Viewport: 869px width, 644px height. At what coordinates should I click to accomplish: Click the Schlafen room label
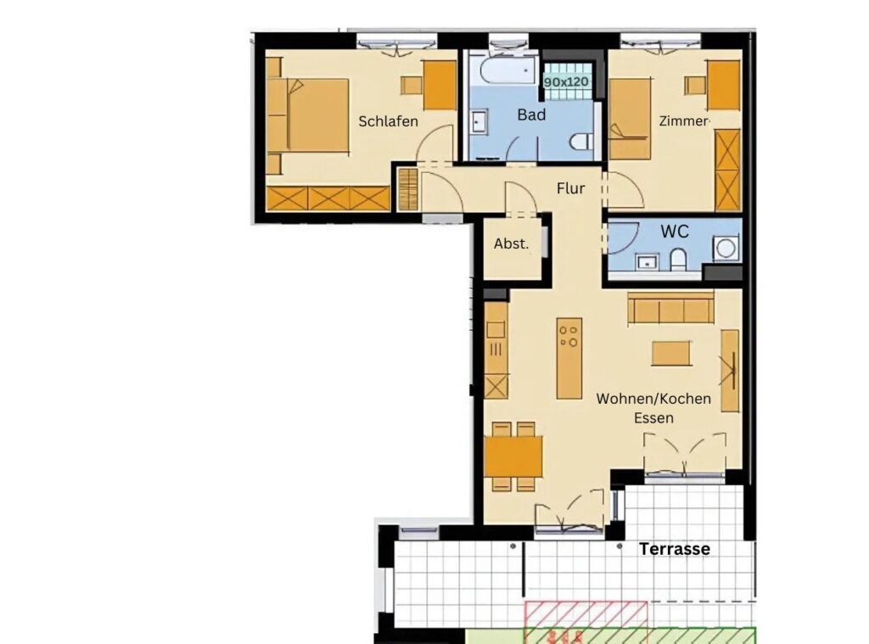(388, 121)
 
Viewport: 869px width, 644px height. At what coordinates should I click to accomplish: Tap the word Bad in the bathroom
(531, 115)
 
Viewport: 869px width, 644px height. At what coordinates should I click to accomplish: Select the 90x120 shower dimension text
(566, 82)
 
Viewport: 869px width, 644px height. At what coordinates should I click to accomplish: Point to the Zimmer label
(683, 120)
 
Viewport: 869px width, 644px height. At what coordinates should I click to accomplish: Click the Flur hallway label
(570, 188)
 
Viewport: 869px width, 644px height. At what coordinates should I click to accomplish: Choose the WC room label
(675, 231)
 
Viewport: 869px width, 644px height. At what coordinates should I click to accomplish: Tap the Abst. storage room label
(511, 244)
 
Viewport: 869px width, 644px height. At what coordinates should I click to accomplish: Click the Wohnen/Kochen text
(653, 399)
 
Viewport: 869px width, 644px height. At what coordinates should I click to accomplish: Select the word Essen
(654, 418)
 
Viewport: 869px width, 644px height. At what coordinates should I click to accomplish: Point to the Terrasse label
(675, 549)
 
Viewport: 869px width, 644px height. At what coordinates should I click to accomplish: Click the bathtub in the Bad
(507, 70)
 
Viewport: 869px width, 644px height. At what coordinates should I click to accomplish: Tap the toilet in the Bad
(580, 142)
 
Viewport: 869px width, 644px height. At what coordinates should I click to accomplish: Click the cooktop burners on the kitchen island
(569, 336)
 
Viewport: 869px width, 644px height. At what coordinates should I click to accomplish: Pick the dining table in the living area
(513, 456)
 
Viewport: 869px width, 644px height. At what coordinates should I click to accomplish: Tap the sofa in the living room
(670, 308)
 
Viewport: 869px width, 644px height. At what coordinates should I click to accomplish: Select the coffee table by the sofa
(671, 354)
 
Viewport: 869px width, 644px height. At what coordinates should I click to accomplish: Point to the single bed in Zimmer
(630, 119)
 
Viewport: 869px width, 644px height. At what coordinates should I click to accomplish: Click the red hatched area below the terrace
(586, 622)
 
